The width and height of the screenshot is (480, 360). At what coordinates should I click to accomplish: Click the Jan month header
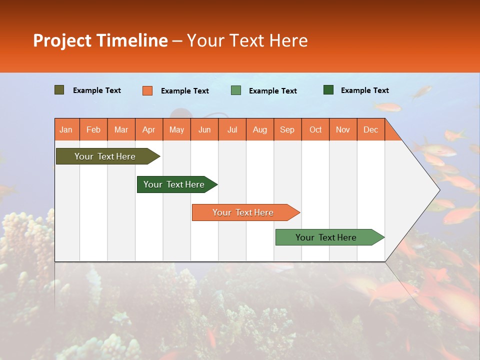(x=66, y=129)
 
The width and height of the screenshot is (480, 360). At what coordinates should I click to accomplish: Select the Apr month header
(x=149, y=129)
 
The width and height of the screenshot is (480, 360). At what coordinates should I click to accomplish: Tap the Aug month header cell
(x=260, y=129)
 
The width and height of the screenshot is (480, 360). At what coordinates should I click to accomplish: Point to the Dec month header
(x=370, y=129)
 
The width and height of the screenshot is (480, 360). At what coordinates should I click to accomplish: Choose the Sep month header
(x=287, y=129)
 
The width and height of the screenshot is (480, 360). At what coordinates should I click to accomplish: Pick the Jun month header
(x=204, y=129)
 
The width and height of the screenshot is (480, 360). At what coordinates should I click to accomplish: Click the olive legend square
(x=59, y=90)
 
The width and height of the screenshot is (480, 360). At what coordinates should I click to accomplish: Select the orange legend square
(x=147, y=90)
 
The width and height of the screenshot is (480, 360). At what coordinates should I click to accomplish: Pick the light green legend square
(x=236, y=90)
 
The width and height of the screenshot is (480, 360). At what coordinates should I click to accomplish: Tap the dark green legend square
(x=328, y=90)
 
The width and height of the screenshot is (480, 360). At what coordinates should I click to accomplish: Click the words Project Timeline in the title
(x=100, y=40)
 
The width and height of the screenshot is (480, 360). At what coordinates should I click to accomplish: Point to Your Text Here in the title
(x=247, y=40)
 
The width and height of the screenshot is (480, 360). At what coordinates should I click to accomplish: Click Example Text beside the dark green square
(x=364, y=90)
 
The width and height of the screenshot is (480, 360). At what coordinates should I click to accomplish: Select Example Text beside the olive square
(x=97, y=90)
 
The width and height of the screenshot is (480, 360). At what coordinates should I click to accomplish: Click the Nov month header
(x=343, y=129)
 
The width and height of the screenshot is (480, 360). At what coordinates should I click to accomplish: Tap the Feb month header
(x=93, y=129)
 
